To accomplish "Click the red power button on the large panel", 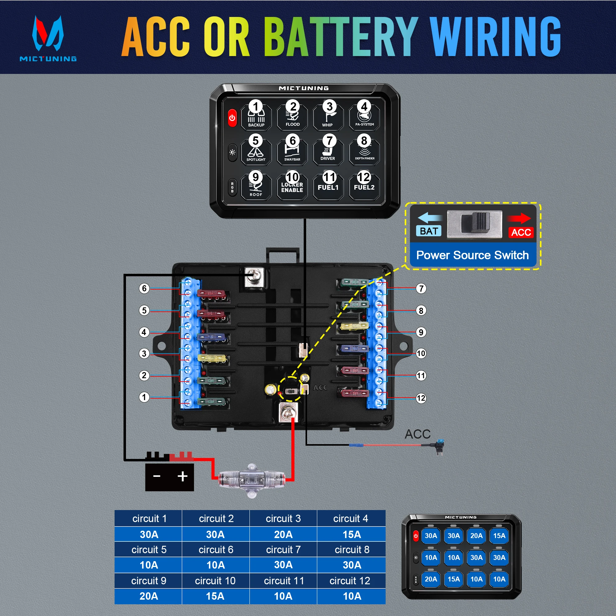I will pyautogui.click(x=232, y=118).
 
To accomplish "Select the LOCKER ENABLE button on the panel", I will pyautogui.click(x=292, y=186).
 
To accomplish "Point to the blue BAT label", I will pyautogui.click(x=428, y=231).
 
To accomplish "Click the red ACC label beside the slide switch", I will pyautogui.click(x=521, y=232).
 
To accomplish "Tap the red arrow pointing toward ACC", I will pyautogui.click(x=519, y=218).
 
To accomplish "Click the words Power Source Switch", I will pyautogui.click(x=472, y=255).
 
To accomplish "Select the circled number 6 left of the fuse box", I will pyautogui.click(x=144, y=289).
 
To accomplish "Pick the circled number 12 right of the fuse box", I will pyautogui.click(x=421, y=398).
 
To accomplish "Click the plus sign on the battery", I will pyautogui.click(x=182, y=476).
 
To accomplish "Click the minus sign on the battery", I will pyautogui.click(x=156, y=476).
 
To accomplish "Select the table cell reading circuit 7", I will pyautogui.click(x=283, y=549).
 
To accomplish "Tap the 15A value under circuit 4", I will pyautogui.click(x=351, y=534).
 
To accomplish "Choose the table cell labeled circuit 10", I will pyautogui.click(x=215, y=581).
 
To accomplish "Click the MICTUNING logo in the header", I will pyautogui.click(x=48, y=38).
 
